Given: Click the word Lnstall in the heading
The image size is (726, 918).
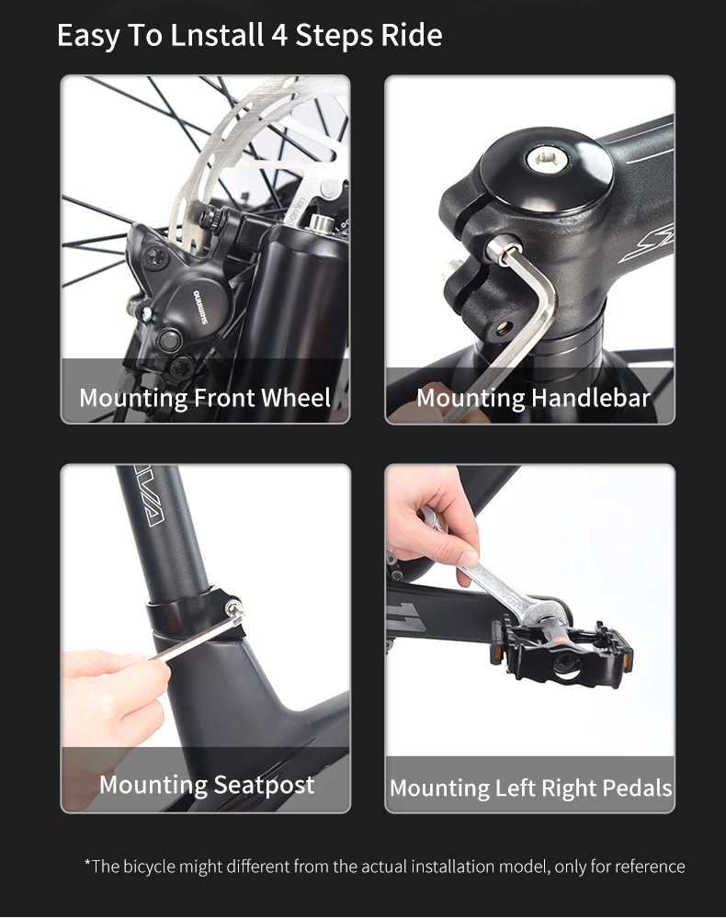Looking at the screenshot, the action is [x=217, y=35].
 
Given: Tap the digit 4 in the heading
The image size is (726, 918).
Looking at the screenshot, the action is [x=279, y=36].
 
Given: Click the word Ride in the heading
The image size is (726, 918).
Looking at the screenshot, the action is [x=412, y=35].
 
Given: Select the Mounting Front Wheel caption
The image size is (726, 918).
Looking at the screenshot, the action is [x=205, y=398].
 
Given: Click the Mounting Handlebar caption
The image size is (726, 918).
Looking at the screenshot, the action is [x=533, y=398].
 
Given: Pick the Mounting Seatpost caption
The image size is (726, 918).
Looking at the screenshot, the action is [x=207, y=785].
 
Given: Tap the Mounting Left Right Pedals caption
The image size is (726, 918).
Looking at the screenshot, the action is [x=531, y=788].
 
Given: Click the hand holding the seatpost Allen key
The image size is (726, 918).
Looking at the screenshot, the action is [x=111, y=691].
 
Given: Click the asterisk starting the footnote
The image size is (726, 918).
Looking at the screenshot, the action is [x=88, y=863].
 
